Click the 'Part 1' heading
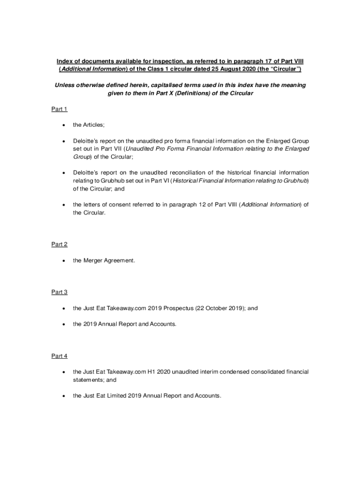pyautogui.click(x=59, y=109)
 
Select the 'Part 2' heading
pyautogui.click(x=59, y=244)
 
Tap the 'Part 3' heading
pyautogui.click(x=59, y=292)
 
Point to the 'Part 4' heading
pyautogui.click(x=59, y=356)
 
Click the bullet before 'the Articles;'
pyautogui.click(x=63, y=125)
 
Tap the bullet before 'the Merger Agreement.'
pyautogui.click(x=63, y=261)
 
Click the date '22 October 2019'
pyautogui.click(x=217, y=308)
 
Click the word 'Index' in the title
pyautogui.click(x=65, y=61)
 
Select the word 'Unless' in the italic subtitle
pyautogui.click(x=65, y=85)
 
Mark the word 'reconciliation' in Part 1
pyautogui.click(x=186, y=173)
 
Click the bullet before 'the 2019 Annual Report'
pyautogui.click(x=63, y=324)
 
